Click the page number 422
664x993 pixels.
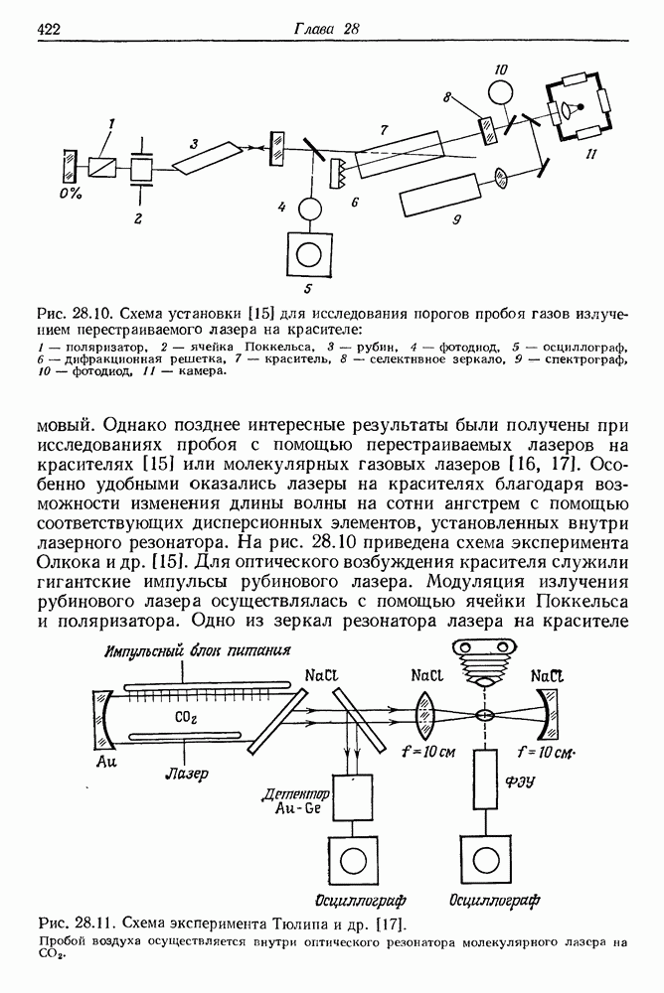tap(51, 29)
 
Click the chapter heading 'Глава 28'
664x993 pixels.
tap(324, 29)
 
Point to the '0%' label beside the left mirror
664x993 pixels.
tap(70, 192)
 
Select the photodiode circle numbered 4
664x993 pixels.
tap(309, 210)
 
